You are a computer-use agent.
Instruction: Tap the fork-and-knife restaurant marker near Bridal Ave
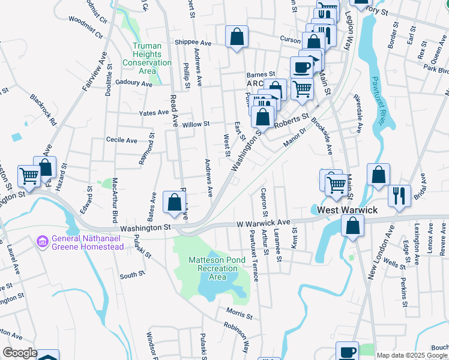point(399,195)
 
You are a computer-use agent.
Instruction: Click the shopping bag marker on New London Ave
point(353,226)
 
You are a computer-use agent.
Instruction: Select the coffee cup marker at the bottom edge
point(346,352)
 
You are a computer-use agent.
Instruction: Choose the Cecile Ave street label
point(122,140)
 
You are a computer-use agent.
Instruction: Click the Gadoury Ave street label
point(134,83)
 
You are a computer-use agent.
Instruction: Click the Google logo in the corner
point(20,353)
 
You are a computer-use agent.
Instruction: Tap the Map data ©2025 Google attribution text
point(412,355)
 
